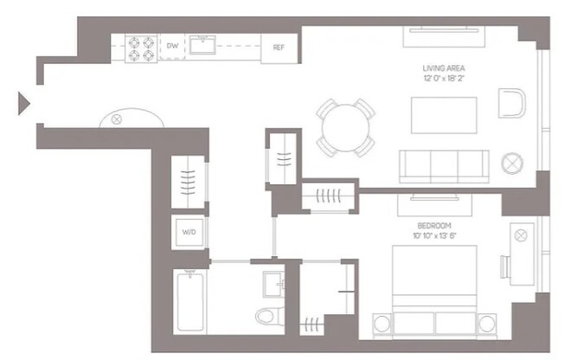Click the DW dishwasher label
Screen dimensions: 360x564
tap(173, 46)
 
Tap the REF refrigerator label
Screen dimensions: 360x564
tap(279, 47)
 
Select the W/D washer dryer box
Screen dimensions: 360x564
tap(189, 231)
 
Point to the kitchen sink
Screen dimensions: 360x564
tap(204, 44)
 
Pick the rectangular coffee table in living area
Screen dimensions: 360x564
tap(443, 115)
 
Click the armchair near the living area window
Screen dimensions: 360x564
tap(512, 104)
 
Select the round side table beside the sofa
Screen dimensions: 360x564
tap(513, 162)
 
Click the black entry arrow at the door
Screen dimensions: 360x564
tap(24, 105)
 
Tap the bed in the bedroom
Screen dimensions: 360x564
tap(434, 290)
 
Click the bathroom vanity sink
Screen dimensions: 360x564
tap(272, 283)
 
